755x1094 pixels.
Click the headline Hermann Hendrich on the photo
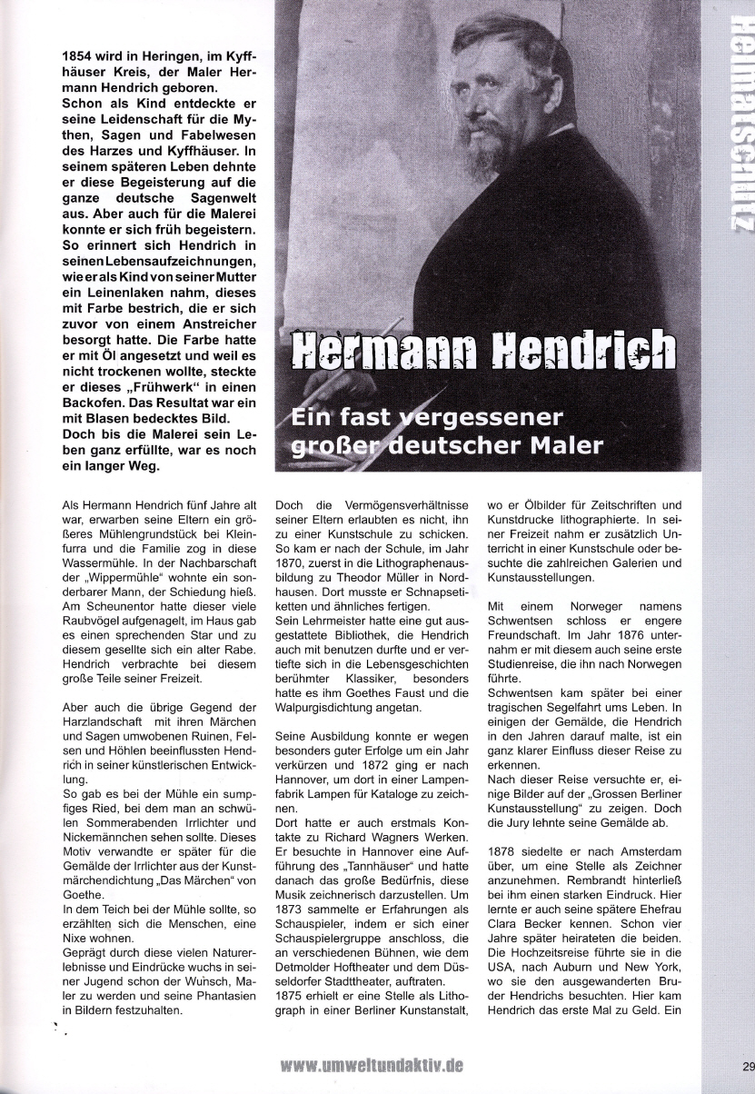click(483, 349)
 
